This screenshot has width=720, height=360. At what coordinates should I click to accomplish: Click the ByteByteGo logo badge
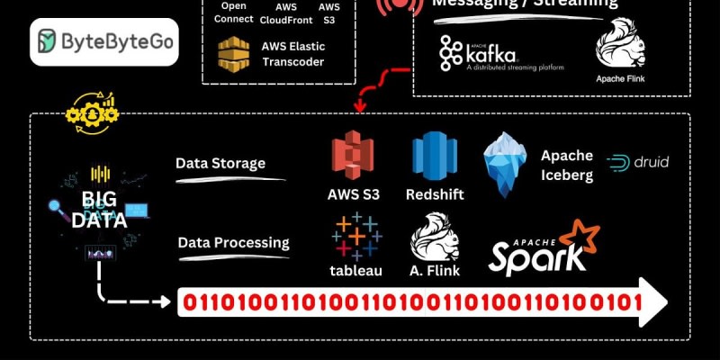(103, 41)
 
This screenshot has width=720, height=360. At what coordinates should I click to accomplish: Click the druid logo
(638, 163)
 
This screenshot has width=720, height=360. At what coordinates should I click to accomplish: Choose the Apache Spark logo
(544, 247)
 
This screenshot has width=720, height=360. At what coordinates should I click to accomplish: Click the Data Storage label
(220, 164)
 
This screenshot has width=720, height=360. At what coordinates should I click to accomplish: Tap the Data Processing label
(233, 242)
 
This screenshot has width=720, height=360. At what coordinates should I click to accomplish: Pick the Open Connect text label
(233, 13)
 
